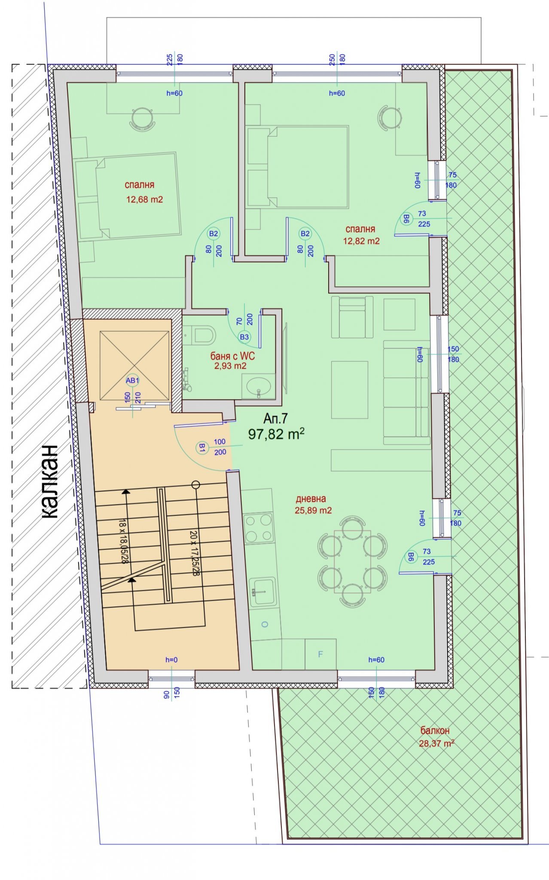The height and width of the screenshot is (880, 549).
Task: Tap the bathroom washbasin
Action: click(x=258, y=385)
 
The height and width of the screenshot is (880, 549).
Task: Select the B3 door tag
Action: click(x=244, y=337)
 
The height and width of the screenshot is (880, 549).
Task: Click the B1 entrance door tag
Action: click(x=202, y=447)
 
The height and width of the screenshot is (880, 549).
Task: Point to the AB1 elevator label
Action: click(x=132, y=380)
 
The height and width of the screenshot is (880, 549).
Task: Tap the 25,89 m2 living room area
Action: click(x=313, y=510)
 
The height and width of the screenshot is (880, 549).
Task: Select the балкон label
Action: click(x=435, y=730)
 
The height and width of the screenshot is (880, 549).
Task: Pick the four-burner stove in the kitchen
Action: click(x=258, y=528)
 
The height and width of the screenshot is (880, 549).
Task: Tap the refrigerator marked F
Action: click(x=320, y=654)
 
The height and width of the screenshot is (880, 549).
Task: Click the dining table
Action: click(x=352, y=562)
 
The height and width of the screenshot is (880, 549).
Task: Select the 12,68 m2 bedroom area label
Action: click(x=145, y=199)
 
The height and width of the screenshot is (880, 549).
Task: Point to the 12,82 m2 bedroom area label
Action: click(x=361, y=241)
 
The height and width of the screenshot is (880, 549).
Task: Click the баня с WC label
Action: click(x=232, y=356)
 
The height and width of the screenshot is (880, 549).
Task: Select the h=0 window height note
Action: click(x=171, y=660)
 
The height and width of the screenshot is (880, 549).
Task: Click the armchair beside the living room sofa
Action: click(x=352, y=317)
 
